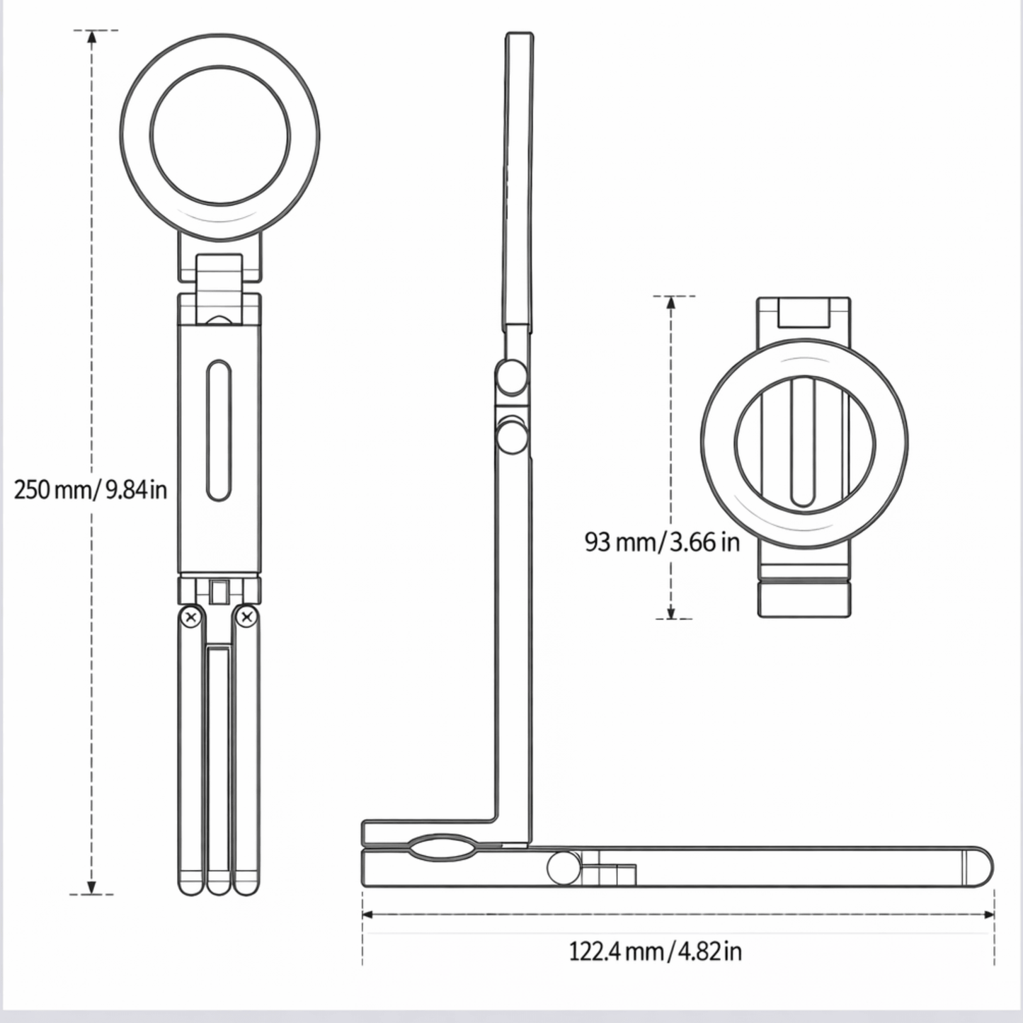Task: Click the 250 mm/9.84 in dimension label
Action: point(90,489)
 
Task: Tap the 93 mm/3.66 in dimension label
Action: point(662,542)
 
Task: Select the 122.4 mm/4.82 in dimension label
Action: point(655,951)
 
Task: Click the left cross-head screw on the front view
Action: point(191,617)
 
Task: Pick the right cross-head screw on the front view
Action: point(246,617)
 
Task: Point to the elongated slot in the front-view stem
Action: point(218,430)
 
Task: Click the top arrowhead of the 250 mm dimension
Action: point(92,37)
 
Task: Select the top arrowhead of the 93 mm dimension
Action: point(671,302)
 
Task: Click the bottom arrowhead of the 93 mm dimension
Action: point(671,612)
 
